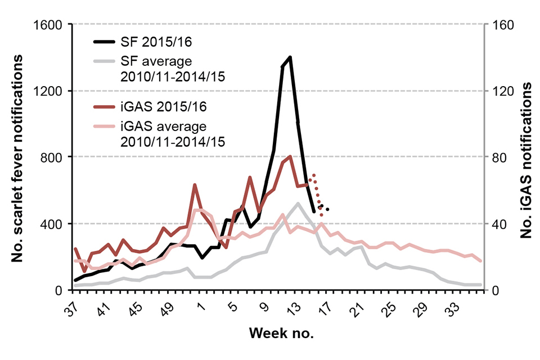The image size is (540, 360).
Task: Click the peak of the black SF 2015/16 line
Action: (x=290, y=57)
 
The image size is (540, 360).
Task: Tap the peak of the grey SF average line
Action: (x=298, y=203)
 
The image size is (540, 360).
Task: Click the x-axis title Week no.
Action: (x=281, y=333)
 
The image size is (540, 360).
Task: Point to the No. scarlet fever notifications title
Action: (x=19, y=157)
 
